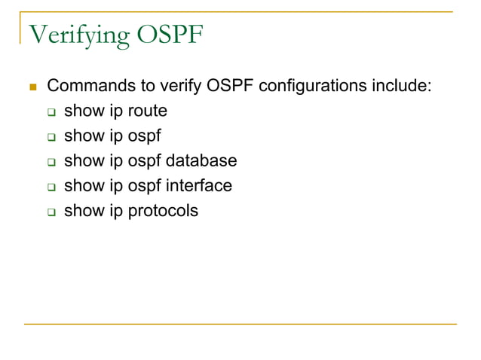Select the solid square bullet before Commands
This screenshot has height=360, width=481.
tap(32, 87)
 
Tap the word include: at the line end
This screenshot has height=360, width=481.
tap(403, 86)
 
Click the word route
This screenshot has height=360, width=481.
tap(148, 111)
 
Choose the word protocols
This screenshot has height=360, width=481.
tap(163, 211)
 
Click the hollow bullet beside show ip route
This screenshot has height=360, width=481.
tap(52, 112)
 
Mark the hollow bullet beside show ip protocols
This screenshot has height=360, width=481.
tap(52, 212)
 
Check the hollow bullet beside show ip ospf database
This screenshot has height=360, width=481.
tap(52, 162)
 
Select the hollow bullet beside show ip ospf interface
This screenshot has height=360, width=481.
tap(52, 187)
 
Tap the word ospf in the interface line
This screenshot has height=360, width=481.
tap(144, 186)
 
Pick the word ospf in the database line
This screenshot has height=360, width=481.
tap(144, 161)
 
